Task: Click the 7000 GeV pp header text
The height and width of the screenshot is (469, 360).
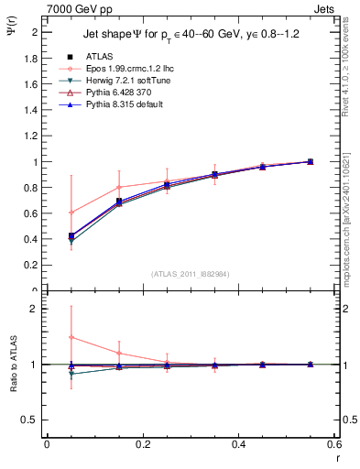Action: [x=79, y=8]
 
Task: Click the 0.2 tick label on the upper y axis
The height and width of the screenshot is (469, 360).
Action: [x=34, y=266]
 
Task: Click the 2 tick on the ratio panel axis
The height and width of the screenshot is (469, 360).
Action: [x=36, y=310]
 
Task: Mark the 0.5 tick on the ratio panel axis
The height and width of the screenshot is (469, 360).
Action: [x=34, y=420]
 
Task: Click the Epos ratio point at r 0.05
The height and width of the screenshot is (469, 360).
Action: [x=71, y=337]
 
